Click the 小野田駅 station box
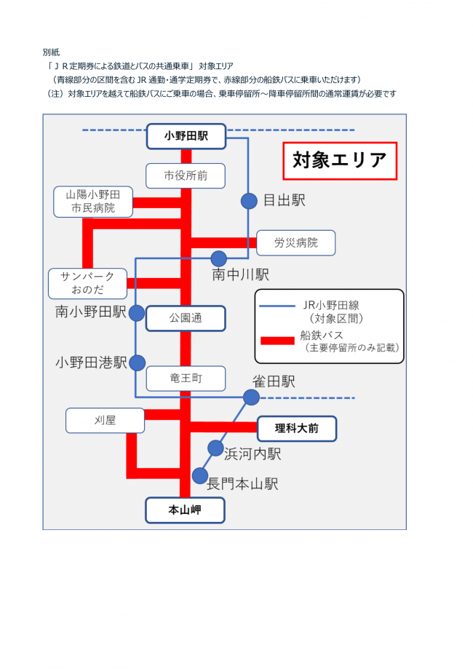point(186,135)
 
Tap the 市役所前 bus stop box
point(185,175)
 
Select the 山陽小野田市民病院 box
point(92,202)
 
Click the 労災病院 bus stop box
point(295,242)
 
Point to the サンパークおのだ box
point(87,284)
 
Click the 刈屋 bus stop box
point(105,420)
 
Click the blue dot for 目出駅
point(249,200)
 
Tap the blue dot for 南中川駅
point(218,258)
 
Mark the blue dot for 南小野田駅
point(137,312)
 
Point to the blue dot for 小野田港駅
point(137,363)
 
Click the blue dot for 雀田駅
point(251,397)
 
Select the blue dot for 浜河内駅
point(215,448)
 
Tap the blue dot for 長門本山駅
point(200,475)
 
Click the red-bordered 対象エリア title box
point(339,161)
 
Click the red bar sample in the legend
point(277,340)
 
